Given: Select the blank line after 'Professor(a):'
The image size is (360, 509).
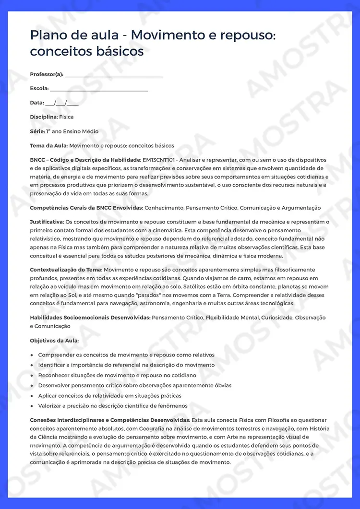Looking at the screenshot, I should pyautogui.click(x=114, y=75).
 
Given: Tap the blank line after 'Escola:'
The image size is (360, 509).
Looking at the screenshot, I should pyautogui.click(x=99, y=89).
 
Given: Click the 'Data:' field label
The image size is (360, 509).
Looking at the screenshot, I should pyautogui.click(x=37, y=103).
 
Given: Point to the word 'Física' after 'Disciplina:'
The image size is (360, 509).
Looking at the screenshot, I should pyautogui.click(x=66, y=117).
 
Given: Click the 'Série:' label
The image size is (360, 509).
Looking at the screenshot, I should pyautogui.click(x=37, y=131).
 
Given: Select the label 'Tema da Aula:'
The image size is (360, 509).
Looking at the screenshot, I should pyautogui.click(x=49, y=145).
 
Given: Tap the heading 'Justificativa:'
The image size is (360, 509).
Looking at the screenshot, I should pyautogui.click(x=47, y=222).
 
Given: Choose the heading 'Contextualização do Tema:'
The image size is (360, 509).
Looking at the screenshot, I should pyautogui.click(x=66, y=270).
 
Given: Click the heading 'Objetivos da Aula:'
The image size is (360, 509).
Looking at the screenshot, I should pyautogui.click(x=54, y=341).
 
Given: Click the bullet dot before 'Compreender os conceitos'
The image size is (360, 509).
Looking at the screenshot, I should pyautogui.click(x=32, y=355).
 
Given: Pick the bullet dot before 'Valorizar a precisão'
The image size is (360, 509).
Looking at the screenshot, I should pyautogui.click(x=32, y=406).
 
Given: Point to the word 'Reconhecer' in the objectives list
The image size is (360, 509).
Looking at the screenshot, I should pyautogui.click(x=54, y=375).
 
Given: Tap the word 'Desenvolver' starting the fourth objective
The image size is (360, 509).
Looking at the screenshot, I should pyautogui.click(x=55, y=385).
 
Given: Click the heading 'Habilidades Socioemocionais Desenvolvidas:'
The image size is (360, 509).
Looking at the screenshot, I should pyautogui.click(x=90, y=318).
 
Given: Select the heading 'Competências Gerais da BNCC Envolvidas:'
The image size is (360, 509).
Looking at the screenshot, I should pyautogui.click(x=86, y=208).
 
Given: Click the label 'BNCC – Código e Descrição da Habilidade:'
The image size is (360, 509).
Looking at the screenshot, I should pyautogui.click(x=85, y=160).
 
